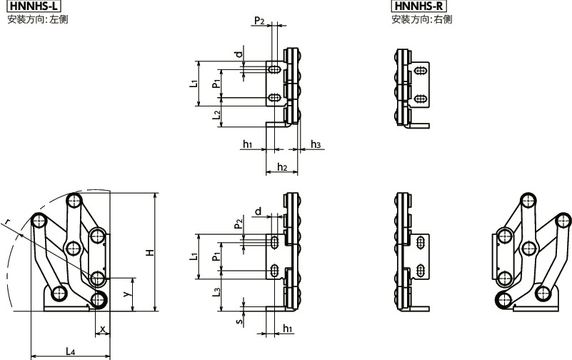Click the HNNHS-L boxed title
click(34, 6)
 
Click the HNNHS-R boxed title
click(418, 6)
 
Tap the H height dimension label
click(150, 252)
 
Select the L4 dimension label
click(71, 351)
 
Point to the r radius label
click(6, 221)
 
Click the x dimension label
click(103, 329)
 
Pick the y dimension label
click(126, 294)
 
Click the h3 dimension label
click(316, 144)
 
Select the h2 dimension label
click(282, 167)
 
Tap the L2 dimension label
click(216, 115)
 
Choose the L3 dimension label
click(216, 292)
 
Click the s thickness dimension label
click(239, 321)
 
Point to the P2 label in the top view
click(259, 21)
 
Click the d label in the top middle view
click(239, 54)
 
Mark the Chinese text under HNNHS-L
click(38, 19)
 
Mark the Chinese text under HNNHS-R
click(422, 19)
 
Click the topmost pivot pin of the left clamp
click(74, 200)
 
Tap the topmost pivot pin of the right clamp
click(528, 200)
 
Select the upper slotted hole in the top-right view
click(421, 70)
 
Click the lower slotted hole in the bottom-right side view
click(421, 270)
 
